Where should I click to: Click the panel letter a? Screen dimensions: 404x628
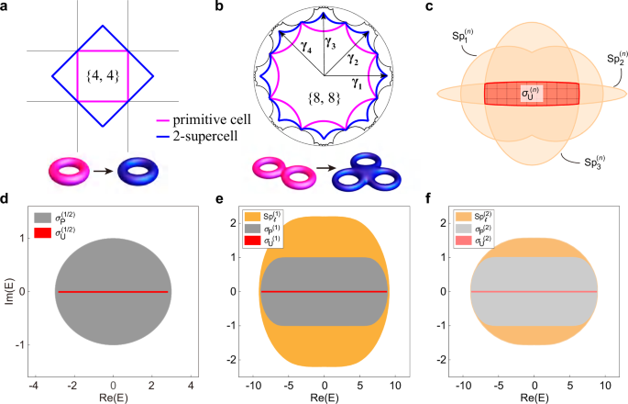pyautogui.click(x=6, y=8)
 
